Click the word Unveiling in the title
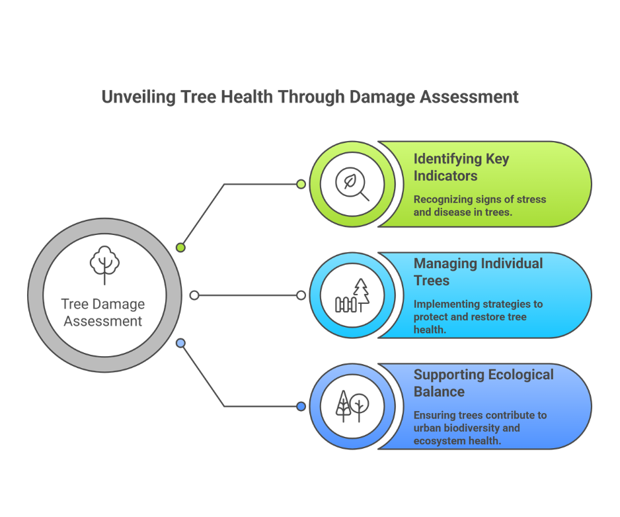[x=138, y=97]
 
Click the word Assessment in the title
[x=469, y=97]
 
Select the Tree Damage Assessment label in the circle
[x=103, y=312]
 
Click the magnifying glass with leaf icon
[x=352, y=184]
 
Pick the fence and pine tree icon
[x=352, y=295]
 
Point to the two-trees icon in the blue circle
[x=352, y=406]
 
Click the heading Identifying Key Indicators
[x=461, y=167]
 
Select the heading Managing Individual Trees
[x=478, y=272]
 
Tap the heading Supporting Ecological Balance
[x=484, y=383]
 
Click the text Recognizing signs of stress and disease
[x=480, y=205]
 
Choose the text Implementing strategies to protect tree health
[x=478, y=316]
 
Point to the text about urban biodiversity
[x=480, y=428]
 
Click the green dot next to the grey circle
[x=180, y=248]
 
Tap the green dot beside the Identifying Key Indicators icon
[x=301, y=184]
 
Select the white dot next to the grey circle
[x=194, y=295]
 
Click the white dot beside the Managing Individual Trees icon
[x=301, y=295]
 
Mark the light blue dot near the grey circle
[x=180, y=343]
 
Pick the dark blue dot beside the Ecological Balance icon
[x=301, y=406]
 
